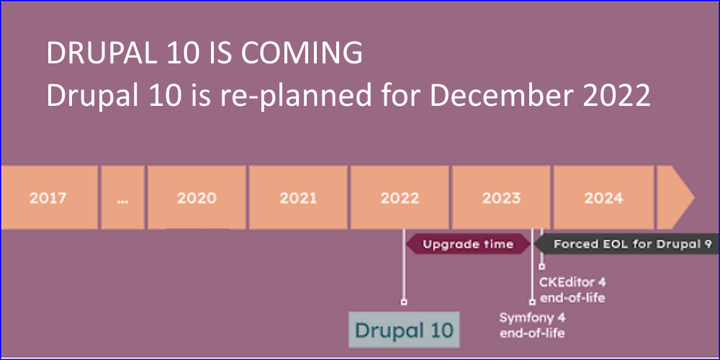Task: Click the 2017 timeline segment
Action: pos(49,197)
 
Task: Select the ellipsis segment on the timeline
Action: pos(122,197)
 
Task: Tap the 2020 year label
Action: pos(197,198)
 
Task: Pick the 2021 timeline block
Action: pos(298,197)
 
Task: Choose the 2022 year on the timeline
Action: pos(400,198)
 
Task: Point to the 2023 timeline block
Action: pos(501,197)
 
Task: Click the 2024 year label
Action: pos(603,198)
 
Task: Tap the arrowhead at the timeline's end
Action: pos(675,197)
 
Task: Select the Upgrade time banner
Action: pos(469,244)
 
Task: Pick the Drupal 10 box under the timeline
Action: pos(404,330)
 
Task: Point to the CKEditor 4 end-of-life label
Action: pos(572,289)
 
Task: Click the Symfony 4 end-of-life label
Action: pos(532,325)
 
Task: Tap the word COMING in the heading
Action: pos(302,54)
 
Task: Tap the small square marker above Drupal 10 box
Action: pos(404,302)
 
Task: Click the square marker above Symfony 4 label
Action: pos(532,302)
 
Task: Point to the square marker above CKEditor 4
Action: pos(542,266)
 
